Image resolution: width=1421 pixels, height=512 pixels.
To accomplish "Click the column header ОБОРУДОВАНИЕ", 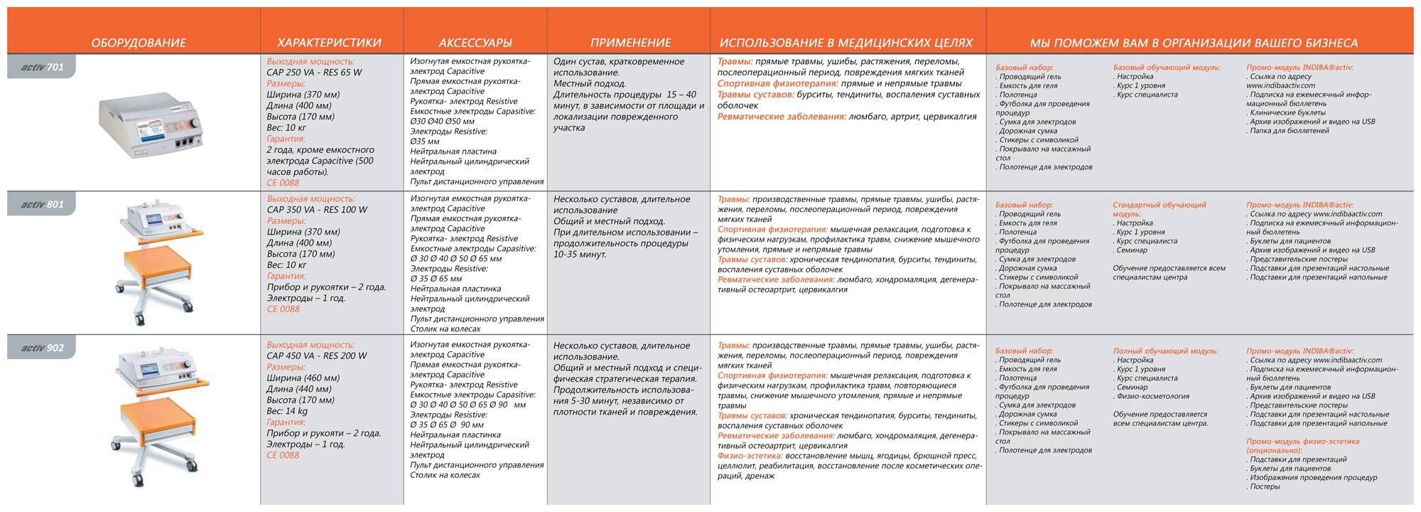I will [139, 43].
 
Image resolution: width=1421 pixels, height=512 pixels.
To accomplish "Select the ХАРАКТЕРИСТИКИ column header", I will [329, 43].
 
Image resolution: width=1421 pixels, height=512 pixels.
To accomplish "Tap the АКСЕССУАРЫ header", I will [475, 43].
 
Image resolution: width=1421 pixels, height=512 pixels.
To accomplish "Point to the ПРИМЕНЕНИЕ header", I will [630, 43].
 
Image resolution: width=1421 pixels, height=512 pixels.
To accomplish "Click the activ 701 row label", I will [42, 67].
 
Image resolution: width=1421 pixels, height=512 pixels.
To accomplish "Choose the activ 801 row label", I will [42, 205].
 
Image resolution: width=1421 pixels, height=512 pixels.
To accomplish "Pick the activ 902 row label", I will [42, 348].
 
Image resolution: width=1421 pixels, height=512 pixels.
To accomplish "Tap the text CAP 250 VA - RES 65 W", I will [314, 73].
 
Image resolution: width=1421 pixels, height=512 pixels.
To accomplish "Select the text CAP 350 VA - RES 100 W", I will [317, 210].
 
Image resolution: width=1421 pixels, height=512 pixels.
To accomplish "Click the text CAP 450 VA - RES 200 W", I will [317, 356].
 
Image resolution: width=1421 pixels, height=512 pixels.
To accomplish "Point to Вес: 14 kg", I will [287, 411].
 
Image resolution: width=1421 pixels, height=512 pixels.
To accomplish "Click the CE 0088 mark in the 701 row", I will [283, 183].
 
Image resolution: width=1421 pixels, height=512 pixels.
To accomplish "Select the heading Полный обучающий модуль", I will [1165, 351].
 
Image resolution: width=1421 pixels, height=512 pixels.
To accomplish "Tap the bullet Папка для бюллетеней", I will [1289, 131].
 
